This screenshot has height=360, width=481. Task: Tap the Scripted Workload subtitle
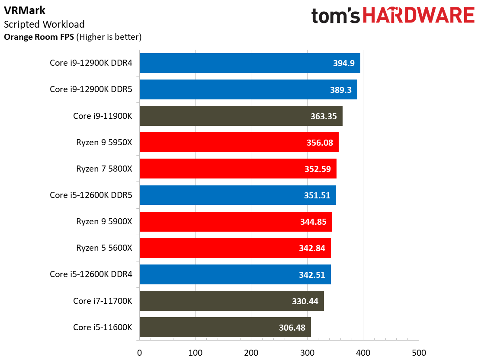point(44,24)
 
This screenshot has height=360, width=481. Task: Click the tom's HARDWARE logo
point(393,16)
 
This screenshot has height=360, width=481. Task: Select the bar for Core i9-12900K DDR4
point(250,63)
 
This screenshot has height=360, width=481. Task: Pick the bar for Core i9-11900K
point(241,116)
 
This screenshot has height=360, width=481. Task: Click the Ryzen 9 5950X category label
point(104,142)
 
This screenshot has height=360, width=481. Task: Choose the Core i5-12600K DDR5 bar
point(237,195)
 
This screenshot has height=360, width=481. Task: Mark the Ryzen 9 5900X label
point(104,222)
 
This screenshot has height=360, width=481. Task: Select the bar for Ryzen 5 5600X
point(235,248)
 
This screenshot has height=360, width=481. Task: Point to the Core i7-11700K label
point(103,301)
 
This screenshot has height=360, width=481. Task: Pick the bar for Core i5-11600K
point(225,327)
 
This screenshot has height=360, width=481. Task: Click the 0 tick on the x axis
point(140,353)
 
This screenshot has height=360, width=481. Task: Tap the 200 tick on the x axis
point(251,353)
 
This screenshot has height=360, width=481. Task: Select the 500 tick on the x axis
point(419,353)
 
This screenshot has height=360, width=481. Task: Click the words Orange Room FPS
point(39,37)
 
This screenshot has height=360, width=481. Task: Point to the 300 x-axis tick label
point(307,353)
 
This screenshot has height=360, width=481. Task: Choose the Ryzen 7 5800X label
point(104,169)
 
